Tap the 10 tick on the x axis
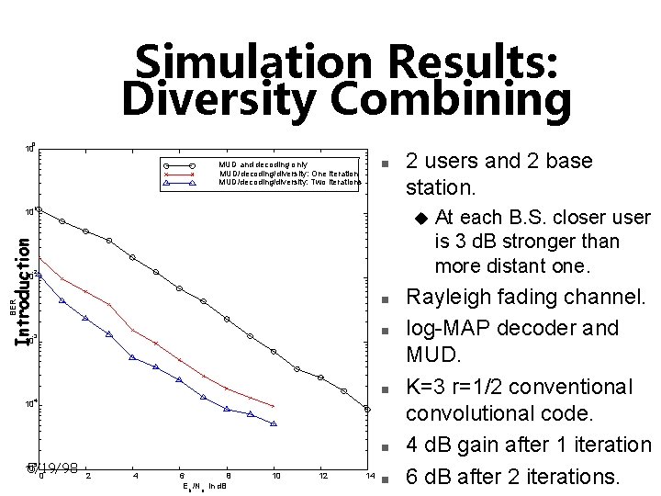(x=275, y=476)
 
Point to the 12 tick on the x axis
(x=322, y=476)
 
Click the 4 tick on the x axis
(x=135, y=476)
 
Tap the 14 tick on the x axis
(x=369, y=476)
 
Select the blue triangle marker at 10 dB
(x=274, y=423)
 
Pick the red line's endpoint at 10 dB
(x=274, y=406)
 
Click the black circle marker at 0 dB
(x=39, y=210)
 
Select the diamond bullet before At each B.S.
(x=421, y=219)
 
